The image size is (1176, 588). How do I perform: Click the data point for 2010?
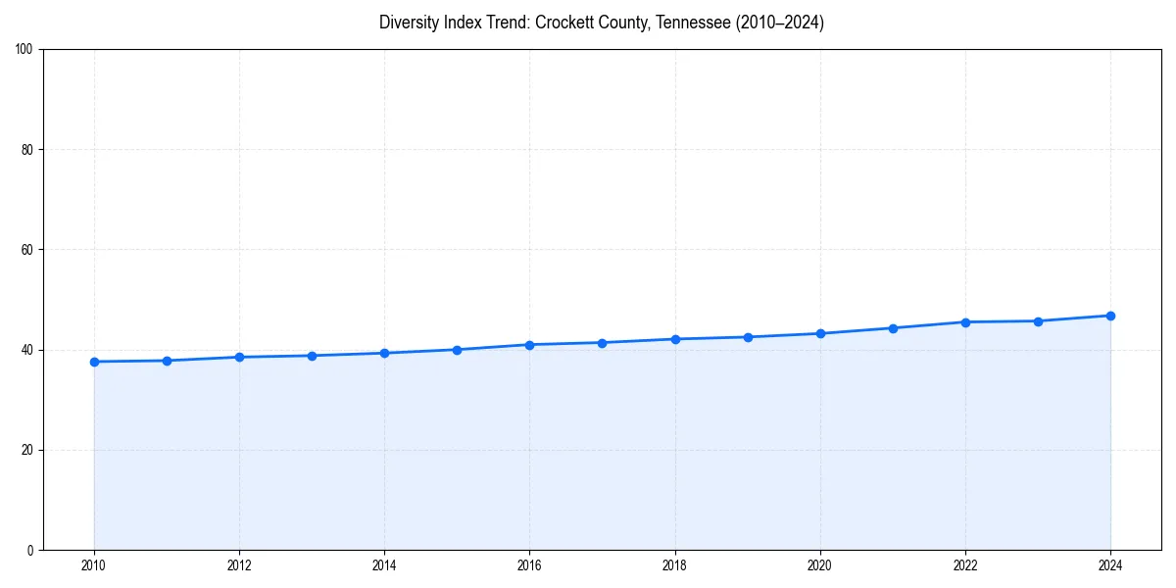(x=94, y=362)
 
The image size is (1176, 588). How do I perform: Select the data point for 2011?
(x=167, y=361)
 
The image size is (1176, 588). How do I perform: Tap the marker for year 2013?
(x=312, y=356)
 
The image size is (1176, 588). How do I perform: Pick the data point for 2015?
(x=457, y=350)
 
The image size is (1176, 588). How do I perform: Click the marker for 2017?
(x=602, y=343)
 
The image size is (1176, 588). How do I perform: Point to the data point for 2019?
(x=748, y=337)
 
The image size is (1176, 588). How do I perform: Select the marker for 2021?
(x=893, y=328)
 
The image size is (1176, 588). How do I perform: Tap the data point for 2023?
(x=1038, y=321)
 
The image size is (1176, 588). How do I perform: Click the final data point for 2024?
(x=1110, y=316)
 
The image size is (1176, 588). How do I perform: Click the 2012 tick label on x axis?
(x=239, y=565)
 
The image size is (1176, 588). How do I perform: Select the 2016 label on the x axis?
(x=529, y=565)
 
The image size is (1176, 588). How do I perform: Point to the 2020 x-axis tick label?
(x=820, y=565)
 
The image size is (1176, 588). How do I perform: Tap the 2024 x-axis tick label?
(x=1110, y=565)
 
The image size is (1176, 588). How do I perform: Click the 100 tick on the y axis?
(x=24, y=50)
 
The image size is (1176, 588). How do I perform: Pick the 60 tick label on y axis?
(x=27, y=250)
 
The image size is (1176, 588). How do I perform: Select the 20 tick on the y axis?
(x=27, y=450)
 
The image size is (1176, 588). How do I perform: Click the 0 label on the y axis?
(x=30, y=550)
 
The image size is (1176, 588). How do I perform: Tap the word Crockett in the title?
(x=533, y=23)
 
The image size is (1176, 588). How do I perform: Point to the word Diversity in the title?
(x=408, y=23)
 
